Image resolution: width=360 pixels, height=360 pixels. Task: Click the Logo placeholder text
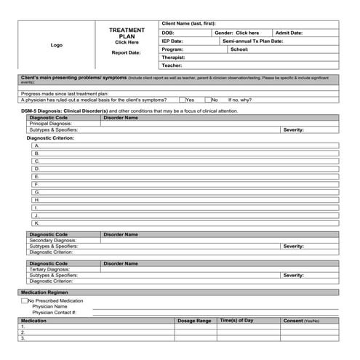click(x=56, y=45)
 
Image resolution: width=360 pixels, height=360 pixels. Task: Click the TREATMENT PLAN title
click(x=127, y=33)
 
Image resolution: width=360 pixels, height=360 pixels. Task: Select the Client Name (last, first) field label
click(x=188, y=24)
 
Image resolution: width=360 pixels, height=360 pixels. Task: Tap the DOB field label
click(x=168, y=33)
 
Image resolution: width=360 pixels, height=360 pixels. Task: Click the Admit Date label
click(x=289, y=33)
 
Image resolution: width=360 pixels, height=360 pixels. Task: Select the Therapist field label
click(x=173, y=57)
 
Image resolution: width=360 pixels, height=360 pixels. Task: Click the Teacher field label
click(x=172, y=65)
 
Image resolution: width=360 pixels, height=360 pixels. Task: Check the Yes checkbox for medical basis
click(x=182, y=100)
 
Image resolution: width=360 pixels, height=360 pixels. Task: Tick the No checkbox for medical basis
click(x=208, y=100)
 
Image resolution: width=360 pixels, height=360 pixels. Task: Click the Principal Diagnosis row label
click(x=50, y=124)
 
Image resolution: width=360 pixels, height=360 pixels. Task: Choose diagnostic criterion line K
click(x=36, y=223)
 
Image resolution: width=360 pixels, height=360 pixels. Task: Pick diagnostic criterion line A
click(x=36, y=145)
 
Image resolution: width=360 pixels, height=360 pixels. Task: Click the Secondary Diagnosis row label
click(x=52, y=241)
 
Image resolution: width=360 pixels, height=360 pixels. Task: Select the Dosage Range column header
click(x=194, y=321)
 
